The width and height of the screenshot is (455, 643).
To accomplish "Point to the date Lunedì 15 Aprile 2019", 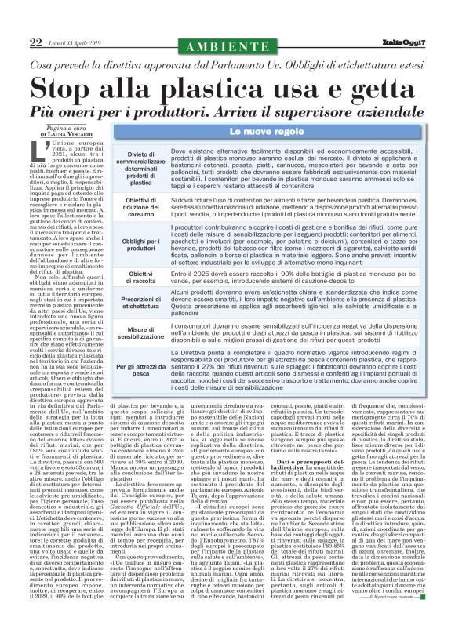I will pos(79,42).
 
